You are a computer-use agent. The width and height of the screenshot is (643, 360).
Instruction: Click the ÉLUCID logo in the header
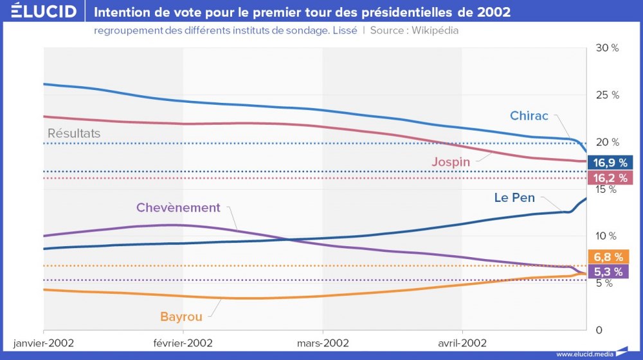click(x=44, y=12)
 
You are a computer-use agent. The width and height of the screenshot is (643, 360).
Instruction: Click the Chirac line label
click(x=529, y=116)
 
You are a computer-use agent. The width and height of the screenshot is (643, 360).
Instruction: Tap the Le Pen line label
click(x=514, y=198)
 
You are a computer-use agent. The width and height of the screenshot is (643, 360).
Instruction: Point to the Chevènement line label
click(x=178, y=208)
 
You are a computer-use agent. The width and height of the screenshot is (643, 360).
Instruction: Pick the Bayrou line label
click(x=181, y=317)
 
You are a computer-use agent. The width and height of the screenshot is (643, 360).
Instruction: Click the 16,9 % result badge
click(x=610, y=163)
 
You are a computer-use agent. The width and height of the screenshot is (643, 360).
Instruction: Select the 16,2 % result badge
click(x=610, y=178)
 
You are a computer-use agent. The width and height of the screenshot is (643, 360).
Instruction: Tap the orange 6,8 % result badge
click(x=610, y=257)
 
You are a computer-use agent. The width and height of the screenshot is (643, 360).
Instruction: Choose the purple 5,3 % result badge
click(x=610, y=271)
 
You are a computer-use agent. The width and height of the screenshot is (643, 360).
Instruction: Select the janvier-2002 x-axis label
click(x=44, y=343)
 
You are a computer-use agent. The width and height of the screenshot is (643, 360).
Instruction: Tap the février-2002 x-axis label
click(x=183, y=343)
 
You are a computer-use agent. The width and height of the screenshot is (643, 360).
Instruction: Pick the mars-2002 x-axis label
click(x=323, y=343)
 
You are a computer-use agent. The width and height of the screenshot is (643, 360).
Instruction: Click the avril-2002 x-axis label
click(x=462, y=343)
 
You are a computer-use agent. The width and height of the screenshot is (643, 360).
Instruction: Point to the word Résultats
click(x=74, y=134)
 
